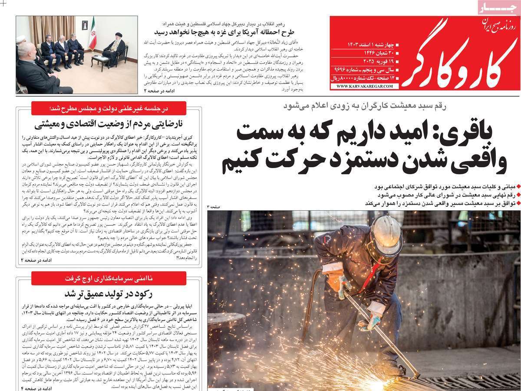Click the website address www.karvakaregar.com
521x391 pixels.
[364, 86]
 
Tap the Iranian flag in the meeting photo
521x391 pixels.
[92, 34]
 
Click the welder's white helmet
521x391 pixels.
[386, 235]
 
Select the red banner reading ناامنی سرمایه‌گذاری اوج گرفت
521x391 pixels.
[109, 278]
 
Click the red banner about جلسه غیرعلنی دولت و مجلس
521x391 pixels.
[109, 108]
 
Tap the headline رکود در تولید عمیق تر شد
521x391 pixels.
[109, 293]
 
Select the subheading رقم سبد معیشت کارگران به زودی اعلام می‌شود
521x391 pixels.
[365, 106]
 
